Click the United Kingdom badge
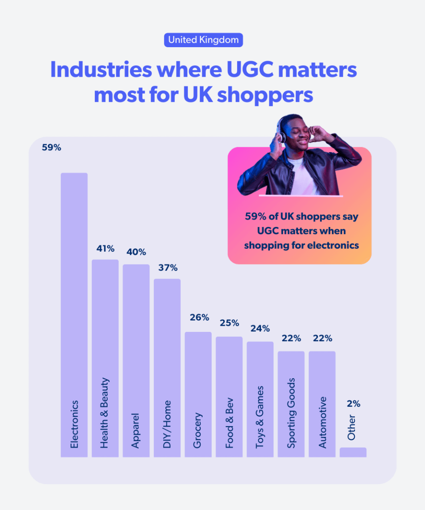[203, 40]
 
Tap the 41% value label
[105, 249]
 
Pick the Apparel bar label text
[135, 430]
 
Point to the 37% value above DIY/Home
[168, 268]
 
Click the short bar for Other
[353, 452]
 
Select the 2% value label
[354, 403]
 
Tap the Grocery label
[198, 430]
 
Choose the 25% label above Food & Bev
[229, 323]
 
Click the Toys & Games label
[260, 417]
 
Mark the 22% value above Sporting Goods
[291, 339]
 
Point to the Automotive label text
[323, 422]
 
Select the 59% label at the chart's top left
[52, 148]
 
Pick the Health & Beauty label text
[104, 413]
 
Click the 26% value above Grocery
[199, 317]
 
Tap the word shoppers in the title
[266, 95]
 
